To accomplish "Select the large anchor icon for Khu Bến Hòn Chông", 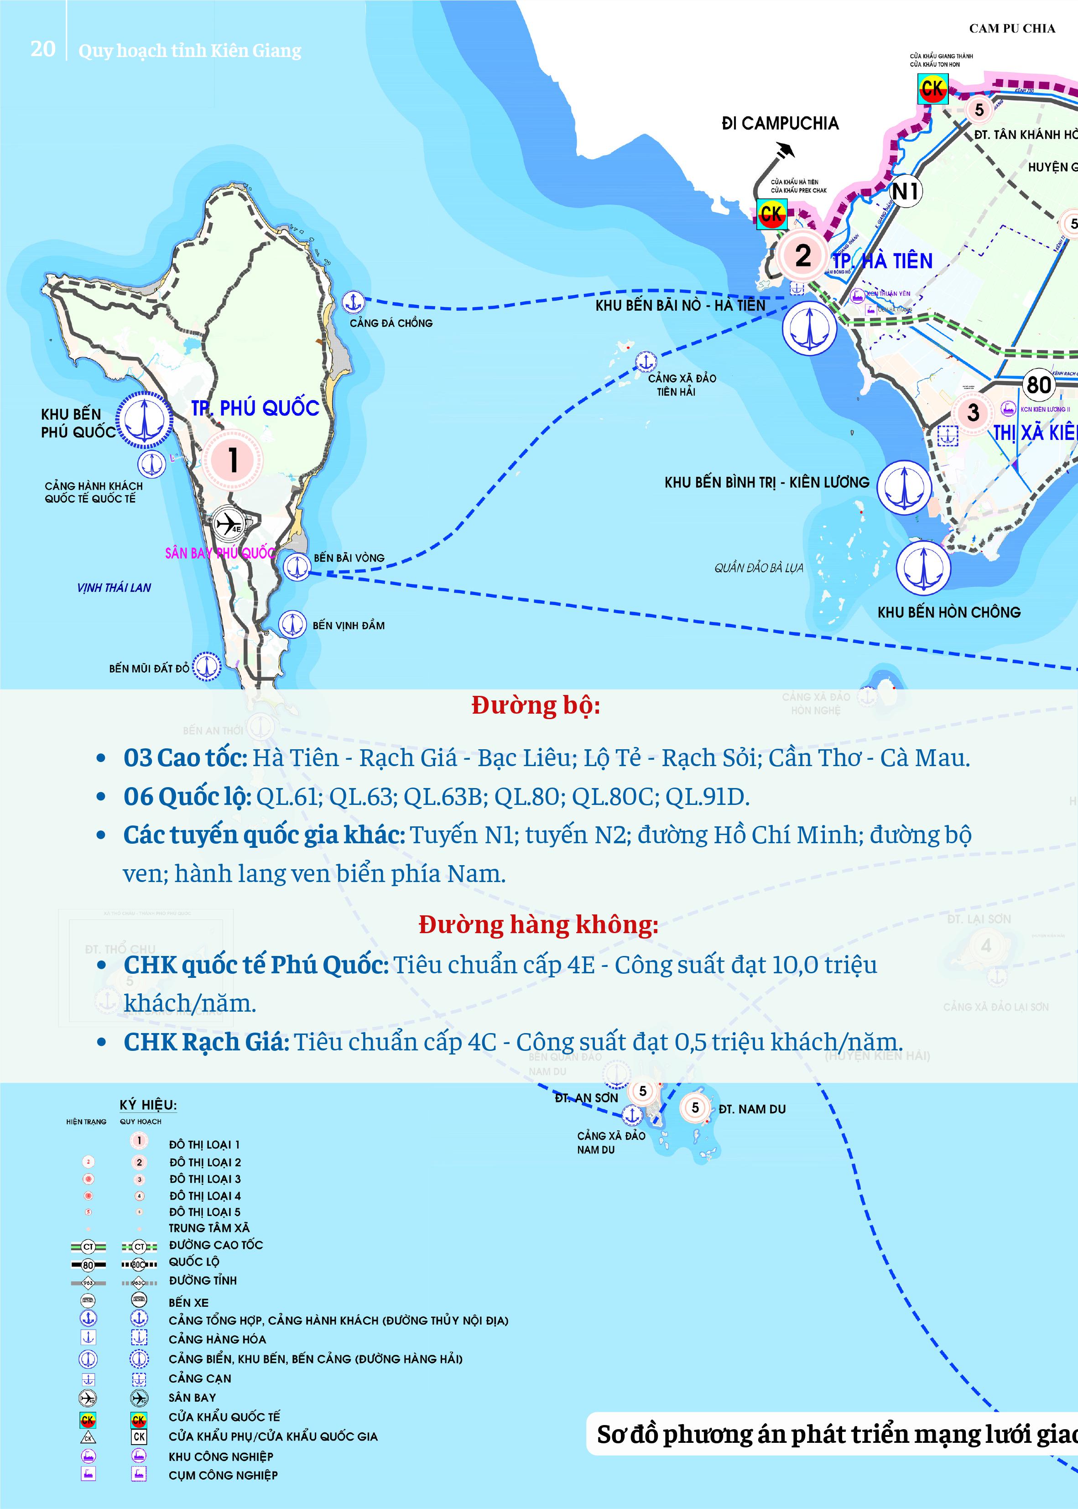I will pos(923,568).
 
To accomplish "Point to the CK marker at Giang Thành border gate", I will pos(932,89).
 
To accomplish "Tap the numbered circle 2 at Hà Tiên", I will pos(802,255).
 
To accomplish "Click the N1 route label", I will pos(906,191).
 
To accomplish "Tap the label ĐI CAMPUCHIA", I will pos(780,124).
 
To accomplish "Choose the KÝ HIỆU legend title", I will pos(148,1105).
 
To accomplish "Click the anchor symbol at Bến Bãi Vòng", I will pos(296,566).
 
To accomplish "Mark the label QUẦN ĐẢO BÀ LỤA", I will pos(759,568).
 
